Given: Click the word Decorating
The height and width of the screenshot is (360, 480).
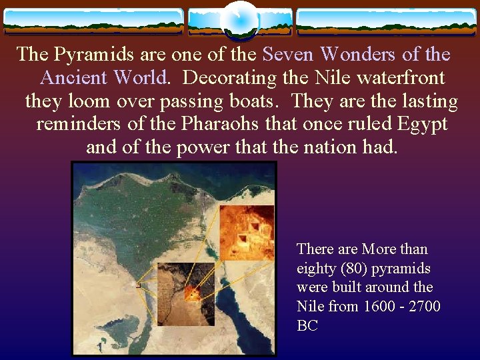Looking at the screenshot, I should click(x=229, y=78).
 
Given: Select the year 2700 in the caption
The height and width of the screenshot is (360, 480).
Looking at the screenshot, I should click(x=425, y=307).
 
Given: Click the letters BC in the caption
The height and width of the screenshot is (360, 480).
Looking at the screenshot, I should click(x=307, y=326).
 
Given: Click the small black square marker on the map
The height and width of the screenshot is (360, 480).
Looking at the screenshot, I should click(x=138, y=285).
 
